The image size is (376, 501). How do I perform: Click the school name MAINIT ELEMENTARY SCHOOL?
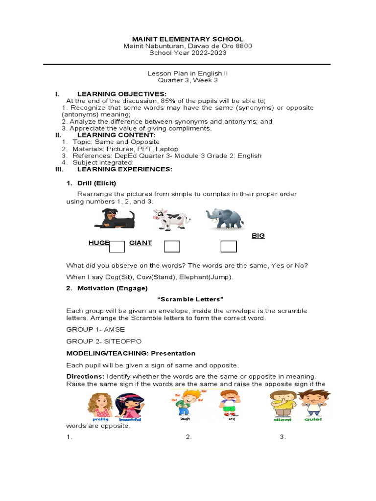(188, 39)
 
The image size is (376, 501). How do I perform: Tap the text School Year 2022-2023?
(188, 53)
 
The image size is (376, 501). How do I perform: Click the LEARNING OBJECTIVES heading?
(122, 93)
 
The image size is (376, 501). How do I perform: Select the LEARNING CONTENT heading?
(116, 135)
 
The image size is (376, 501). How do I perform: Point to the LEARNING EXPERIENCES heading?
(125, 169)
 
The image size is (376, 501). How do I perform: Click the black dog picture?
(115, 218)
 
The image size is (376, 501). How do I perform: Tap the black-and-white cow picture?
(164, 219)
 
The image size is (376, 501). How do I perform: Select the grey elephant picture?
(225, 218)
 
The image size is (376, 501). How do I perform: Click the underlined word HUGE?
(99, 243)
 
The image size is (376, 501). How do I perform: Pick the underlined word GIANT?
(141, 243)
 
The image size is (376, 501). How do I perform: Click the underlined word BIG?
(258, 236)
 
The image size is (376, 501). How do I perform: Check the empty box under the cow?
(172, 247)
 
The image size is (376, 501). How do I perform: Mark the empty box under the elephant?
(229, 247)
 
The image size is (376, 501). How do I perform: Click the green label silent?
(282, 419)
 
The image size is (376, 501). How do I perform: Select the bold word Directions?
(85, 376)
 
